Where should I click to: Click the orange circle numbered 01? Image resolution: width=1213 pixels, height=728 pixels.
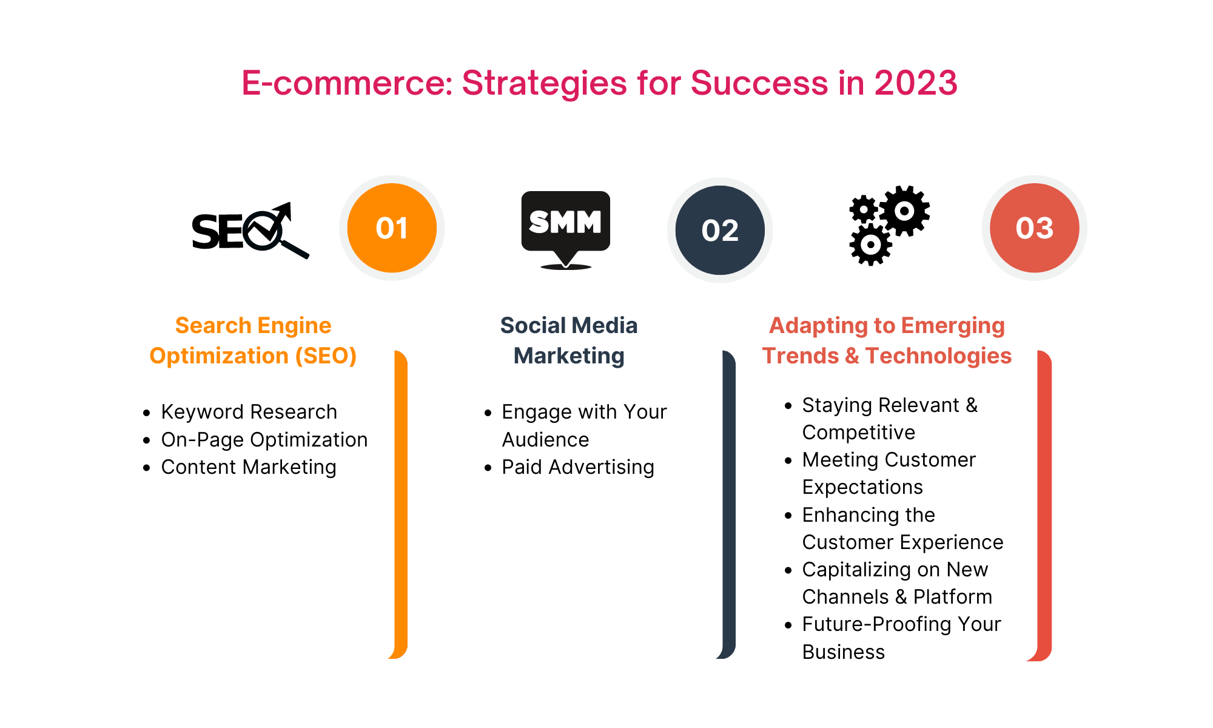pos(392,228)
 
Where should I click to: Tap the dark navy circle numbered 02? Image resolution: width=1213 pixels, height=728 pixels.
pos(720,231)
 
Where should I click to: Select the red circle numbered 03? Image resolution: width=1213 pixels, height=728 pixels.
pos(1034,228)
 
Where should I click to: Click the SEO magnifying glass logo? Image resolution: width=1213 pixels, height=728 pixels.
pos(250,231)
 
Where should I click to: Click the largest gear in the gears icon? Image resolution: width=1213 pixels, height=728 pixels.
pos(904,211)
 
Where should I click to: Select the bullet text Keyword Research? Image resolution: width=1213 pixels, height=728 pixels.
pos(249,412)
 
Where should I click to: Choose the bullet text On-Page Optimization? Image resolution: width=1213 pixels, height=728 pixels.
pos(264,440)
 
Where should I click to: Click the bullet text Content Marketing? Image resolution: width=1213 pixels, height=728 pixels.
pos(249,467)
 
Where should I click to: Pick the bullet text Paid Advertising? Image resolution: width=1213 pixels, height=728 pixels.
pos(577,467)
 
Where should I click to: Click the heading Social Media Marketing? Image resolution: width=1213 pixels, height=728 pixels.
pos(569,340)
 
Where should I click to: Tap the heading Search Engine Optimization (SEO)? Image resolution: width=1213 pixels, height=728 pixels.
pos(253,340)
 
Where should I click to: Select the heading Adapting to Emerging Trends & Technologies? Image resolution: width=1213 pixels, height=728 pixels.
pos(887,340)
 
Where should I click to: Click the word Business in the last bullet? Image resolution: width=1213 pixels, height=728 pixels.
pos(843,652)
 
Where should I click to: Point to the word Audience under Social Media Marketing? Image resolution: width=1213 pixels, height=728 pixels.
pos(545,440)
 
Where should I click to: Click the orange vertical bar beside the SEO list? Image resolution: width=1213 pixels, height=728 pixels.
pos(400,504)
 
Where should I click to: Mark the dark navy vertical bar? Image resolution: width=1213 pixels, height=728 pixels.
pos(728,504)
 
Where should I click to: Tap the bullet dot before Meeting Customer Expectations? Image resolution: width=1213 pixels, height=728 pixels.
pos(788,460)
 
